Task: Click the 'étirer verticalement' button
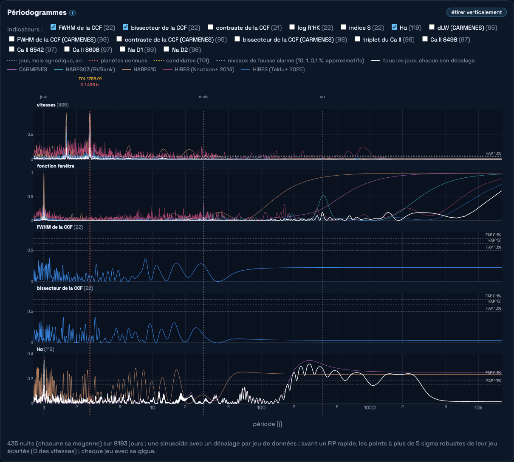pos(476,12)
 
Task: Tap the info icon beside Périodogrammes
pos(73,13)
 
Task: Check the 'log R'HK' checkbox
pos(292,27)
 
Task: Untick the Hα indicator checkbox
pos(394,27)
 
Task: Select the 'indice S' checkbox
pos(343,27)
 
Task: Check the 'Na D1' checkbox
pos(122,49)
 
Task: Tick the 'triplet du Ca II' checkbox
pos(357,39)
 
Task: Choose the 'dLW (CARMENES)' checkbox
pos(432,27)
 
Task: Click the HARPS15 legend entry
pos(139,70)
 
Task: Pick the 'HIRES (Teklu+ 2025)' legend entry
pos(273,70)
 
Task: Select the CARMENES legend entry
pos(27,70)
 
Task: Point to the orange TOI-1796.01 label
pos(90,78)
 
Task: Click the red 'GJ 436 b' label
pos(90,85)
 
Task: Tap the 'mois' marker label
pos(203,97)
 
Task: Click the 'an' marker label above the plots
pos(322,97)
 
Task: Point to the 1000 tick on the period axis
pos(370,408)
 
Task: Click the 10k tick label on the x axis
pos(478,408)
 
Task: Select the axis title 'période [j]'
pos(268,424)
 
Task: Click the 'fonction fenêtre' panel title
pos(56,166)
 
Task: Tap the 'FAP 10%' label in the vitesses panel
pos(494,154)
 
